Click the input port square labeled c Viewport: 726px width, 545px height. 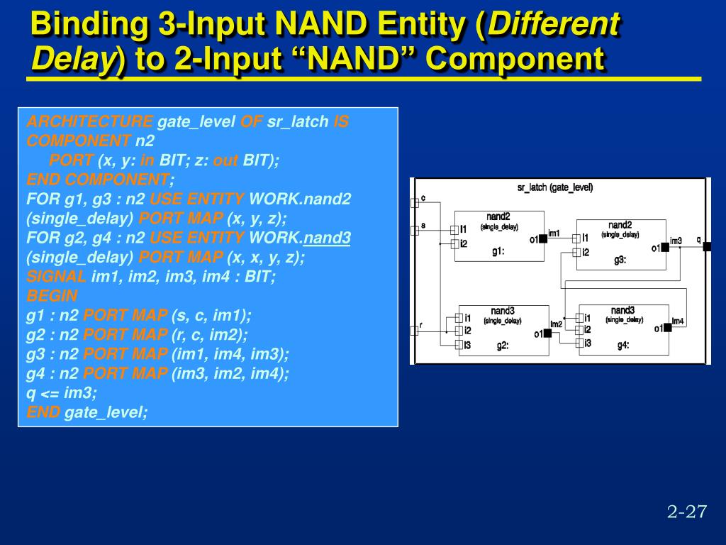[415, 203]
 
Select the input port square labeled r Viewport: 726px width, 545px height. [415, 330]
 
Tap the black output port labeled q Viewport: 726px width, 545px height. [706, 247]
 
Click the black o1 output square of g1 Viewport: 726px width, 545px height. [543, 239]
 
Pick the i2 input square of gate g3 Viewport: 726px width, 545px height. [577, 252]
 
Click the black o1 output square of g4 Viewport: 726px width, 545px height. [666, 328]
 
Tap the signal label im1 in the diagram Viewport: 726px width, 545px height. [554, 233]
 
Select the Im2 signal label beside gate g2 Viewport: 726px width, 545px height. [556, 324]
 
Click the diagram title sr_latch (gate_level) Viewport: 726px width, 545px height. [555, 187]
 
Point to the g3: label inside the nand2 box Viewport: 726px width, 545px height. [620, 260]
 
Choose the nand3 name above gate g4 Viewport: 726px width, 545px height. [622, 310]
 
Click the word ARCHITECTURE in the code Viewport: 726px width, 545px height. [89, 121]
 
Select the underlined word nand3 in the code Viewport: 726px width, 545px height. [327, 238]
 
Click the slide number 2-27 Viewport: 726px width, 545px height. [687, 512]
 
